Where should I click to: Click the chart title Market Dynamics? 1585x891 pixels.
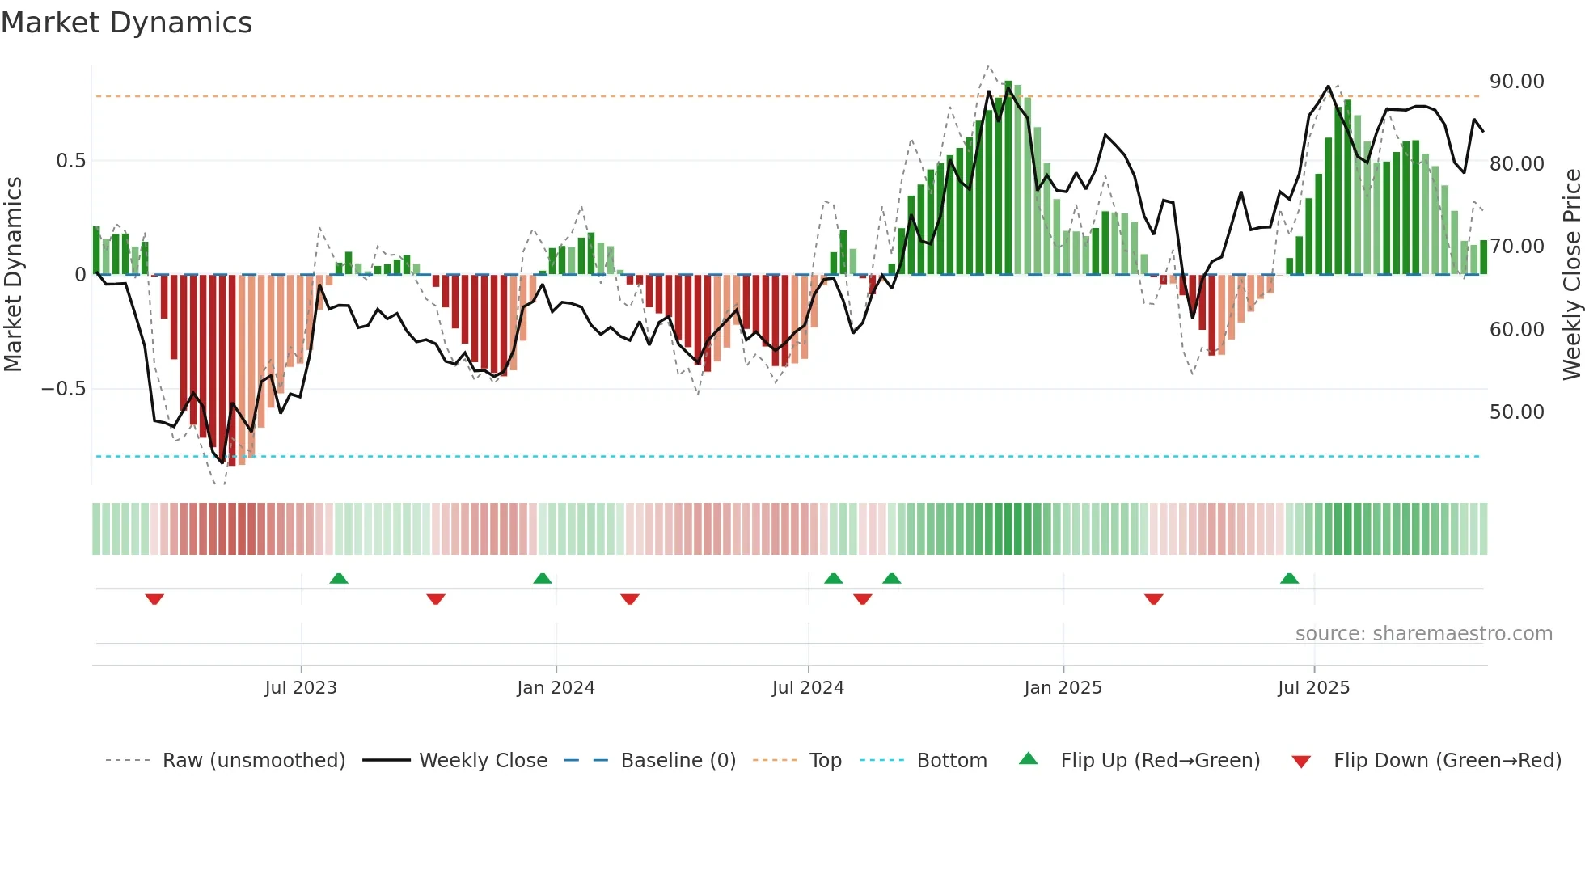pyautogui.click(x=127, y=23)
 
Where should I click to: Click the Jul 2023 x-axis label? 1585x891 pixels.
pyautogui.click(x=301, y=688)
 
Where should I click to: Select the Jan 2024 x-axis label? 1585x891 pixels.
pyautogui.click(x=556, y=688)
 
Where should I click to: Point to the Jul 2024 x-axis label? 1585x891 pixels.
pyautogui.click(x=808, y=688)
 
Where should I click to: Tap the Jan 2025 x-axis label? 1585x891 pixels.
pyautogui.click(x=1063, y=688)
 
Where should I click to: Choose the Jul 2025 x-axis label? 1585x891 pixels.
pyautogui.click(x=1314, y=688)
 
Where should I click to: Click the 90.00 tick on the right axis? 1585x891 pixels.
pyautogui.click(x=1516, y=82)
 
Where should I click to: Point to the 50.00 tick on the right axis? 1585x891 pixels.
pyautogui.click(x=1516, y=412)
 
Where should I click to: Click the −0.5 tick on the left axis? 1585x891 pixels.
pyautogui.click(x=64, y=389)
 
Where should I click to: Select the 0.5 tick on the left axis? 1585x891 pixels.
pyautogui.click(x=70, y=161)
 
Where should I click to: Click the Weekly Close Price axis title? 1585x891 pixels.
pyautogui.click(x=1571, y=275)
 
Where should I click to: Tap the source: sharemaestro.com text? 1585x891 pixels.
pyautogui.click(x=1423, y=634)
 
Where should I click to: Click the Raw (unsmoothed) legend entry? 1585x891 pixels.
pyautogui.click(x=253, y=761)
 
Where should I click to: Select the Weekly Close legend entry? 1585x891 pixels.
pyautogui.click(x=483, y=761)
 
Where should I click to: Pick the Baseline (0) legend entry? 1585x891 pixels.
pyautogui.click(x=678, y=761)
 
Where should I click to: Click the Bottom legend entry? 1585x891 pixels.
pyautogui.click(x=951, y=761)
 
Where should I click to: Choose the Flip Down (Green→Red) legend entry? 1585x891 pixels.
pyautogui.click(x=1447, y=761)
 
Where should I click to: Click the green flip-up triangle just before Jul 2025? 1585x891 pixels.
pyautogui.click(x=1290, y=579)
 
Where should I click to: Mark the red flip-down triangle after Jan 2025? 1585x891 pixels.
pyautogui.click(x=1154, y=599)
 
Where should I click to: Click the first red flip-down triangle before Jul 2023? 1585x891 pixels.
pyautogui.click(x=154, y=599)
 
